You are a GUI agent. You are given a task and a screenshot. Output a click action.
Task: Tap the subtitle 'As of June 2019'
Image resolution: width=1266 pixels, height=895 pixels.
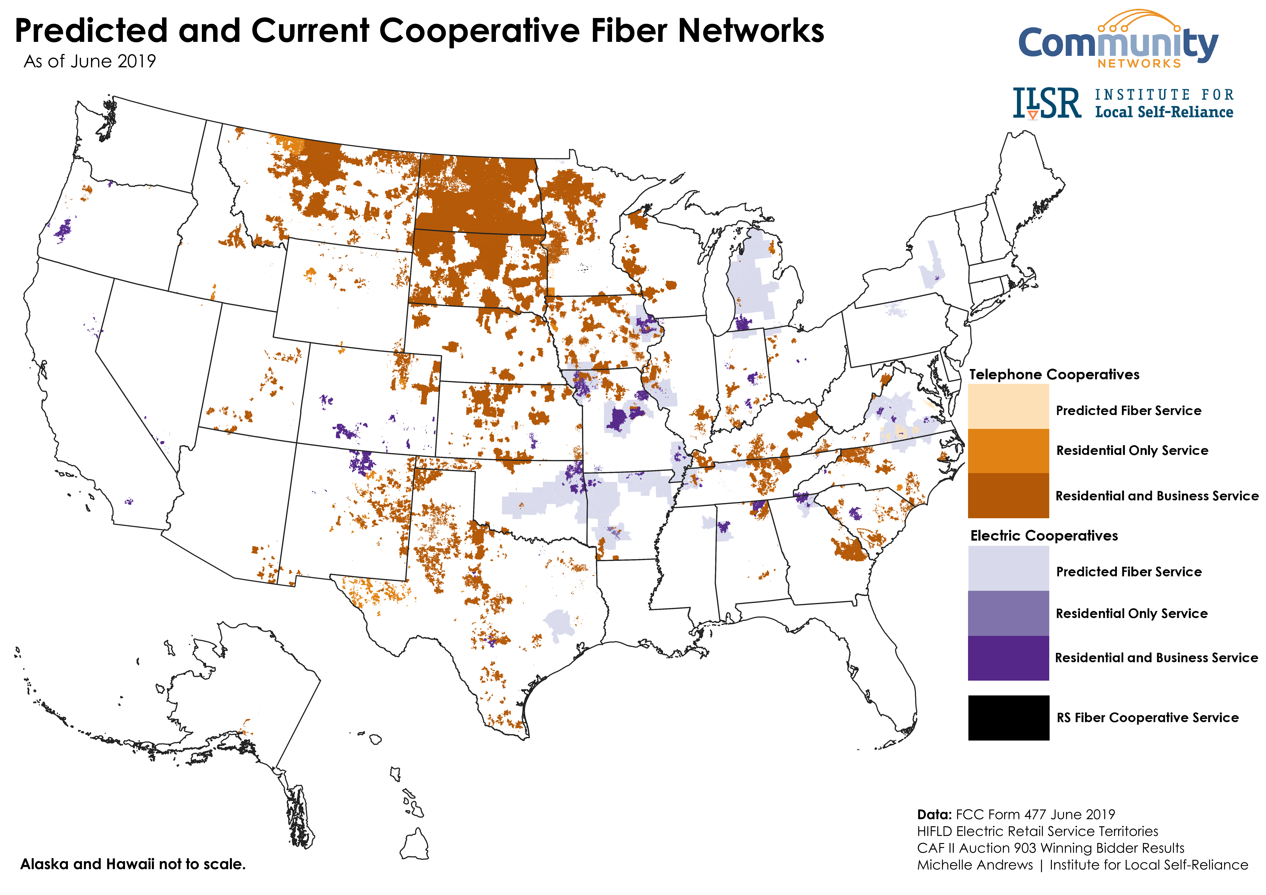(90, 61)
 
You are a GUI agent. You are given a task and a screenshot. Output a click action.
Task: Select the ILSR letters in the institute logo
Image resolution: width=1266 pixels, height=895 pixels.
(1047, 104)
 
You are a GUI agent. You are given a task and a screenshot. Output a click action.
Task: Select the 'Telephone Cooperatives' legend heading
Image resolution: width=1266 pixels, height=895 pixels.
(1054, 374)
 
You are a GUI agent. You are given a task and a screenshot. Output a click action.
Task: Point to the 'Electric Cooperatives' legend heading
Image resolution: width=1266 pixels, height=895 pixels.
(1044, 535)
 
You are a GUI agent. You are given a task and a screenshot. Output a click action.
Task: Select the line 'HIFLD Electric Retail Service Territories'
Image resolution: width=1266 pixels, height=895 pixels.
(1037, 831)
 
